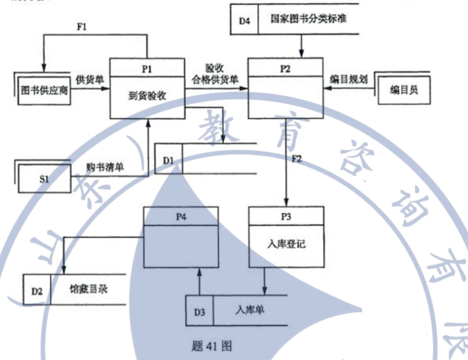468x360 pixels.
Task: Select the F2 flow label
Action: pyautogui.click(x=297, y=159)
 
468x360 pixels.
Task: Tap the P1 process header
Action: pyautogui.click(x=147, y=68)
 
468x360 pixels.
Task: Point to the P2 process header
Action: pyautogui.click(x=285, y=68)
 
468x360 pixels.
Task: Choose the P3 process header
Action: pyautogui.click(x=286, y=216)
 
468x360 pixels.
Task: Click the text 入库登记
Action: pyautogui.click(x=286, y=243)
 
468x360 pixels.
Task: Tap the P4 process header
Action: pyautogui.click(x=181, y=216)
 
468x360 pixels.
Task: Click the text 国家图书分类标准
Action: pyautogui.click(x=308, y=19)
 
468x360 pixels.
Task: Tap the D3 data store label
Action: pyautogui.click(x=200, y=310)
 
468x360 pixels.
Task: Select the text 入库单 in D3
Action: pyautogui.click(x=249, y=309)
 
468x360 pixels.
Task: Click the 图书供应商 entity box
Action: pyautogui.click(x=45, y=91)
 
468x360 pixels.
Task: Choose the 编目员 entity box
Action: pyautogui.click(x=403, y=91)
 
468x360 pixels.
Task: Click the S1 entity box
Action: pyautogui.click(x=44, y=178)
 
